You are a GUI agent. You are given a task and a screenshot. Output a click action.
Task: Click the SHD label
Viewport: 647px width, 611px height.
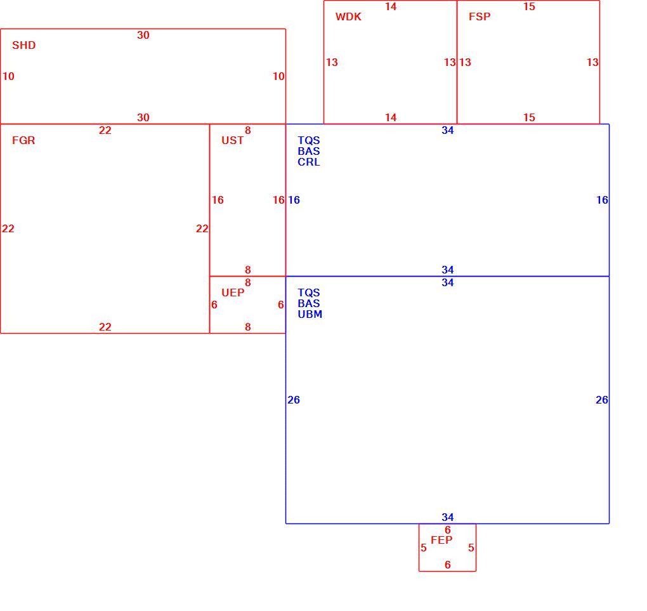[24, 45]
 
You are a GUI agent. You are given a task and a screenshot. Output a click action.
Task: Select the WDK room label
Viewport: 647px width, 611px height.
[348, 16]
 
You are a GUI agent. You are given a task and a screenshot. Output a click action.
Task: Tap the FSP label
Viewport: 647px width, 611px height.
[480, 16]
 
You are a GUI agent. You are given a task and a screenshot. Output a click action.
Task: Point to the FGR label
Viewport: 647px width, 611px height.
[23, 140]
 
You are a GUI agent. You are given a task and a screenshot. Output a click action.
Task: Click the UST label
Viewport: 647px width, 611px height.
[232, 140]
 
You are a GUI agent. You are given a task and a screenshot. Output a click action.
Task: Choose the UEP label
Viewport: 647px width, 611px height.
[233, 292]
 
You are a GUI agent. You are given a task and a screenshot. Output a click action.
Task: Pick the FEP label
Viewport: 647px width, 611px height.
[441, 540]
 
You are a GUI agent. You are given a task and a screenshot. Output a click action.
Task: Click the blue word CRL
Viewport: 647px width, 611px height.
[309, 162]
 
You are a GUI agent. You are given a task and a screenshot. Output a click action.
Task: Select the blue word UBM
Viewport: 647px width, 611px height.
[310, 314]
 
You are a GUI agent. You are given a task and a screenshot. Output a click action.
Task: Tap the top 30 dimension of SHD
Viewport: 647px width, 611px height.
[143, 35]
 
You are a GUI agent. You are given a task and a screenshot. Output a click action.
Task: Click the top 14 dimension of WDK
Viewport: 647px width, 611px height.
[391, 6]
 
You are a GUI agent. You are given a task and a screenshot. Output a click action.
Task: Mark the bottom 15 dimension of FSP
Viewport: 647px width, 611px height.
[529, 117]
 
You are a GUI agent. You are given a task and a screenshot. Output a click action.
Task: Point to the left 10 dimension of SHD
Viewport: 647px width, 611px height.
[8, 76]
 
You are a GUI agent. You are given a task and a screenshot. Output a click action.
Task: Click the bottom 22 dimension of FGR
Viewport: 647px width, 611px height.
[105, 327]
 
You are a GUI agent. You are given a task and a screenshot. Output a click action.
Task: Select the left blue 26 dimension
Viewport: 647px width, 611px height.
[294, 400]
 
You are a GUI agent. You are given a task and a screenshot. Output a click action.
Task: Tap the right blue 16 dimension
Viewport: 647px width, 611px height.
[602, 200]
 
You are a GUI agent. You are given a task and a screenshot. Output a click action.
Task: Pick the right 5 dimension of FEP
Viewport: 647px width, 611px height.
[471, 548]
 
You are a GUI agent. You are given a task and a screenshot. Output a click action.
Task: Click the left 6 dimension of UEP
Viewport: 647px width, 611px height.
[214, 305]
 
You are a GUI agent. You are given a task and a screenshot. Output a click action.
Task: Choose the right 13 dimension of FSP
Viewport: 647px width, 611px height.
[592, 62]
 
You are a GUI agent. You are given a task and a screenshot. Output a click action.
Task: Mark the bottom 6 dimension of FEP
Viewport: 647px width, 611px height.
[448, 565]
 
